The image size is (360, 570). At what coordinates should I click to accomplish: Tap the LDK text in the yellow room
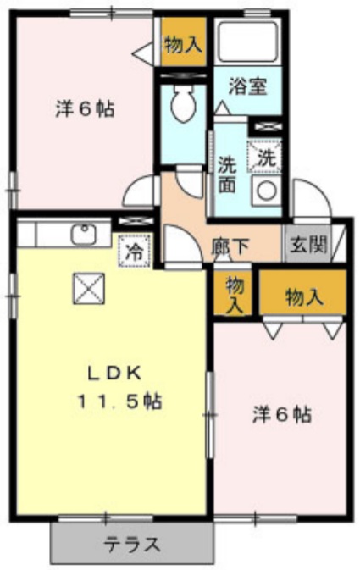click(117, 374)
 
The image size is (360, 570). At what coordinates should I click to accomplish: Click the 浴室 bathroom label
click(248, 86)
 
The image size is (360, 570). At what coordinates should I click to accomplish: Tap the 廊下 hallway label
click(230, 247)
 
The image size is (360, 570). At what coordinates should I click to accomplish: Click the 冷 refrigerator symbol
click(135, 251)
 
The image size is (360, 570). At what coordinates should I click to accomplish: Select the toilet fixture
click(181, 106)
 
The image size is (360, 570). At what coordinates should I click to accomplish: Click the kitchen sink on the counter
click(83, 233)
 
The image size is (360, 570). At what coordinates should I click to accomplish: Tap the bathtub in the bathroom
click(249, 39)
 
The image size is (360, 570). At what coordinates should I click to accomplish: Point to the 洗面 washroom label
click(226, 173)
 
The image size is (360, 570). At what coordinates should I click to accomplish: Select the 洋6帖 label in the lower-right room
click(281, 414)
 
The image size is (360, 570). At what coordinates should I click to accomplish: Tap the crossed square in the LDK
click(87, 289)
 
